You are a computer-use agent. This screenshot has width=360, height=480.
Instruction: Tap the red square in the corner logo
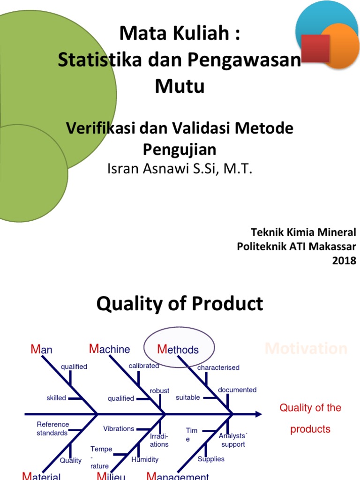315,48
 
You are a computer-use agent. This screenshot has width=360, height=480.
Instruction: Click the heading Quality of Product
180,304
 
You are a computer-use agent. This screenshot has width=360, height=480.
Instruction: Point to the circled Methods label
178,350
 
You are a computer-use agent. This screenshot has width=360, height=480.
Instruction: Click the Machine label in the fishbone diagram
110,349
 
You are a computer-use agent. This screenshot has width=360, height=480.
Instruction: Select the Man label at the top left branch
41,350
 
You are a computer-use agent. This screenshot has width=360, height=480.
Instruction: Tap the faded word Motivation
306,349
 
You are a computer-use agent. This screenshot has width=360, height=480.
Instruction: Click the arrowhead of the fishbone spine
258,414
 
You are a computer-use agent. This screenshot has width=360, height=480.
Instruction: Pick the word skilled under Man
56,398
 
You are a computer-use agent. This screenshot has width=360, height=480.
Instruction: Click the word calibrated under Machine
144,366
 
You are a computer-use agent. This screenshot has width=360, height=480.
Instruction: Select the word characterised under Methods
218,367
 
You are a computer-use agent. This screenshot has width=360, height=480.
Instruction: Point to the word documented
237,390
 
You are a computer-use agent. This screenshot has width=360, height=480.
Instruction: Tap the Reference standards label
52,429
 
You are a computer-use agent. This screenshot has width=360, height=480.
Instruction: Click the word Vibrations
119,428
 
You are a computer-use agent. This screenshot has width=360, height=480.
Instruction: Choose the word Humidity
145,459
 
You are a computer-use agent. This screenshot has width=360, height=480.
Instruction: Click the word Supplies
211,459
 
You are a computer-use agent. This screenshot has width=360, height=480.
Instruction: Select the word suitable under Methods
187,397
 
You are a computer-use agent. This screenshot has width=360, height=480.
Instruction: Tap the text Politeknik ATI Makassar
296,247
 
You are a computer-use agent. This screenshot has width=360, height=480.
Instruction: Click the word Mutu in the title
180,87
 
